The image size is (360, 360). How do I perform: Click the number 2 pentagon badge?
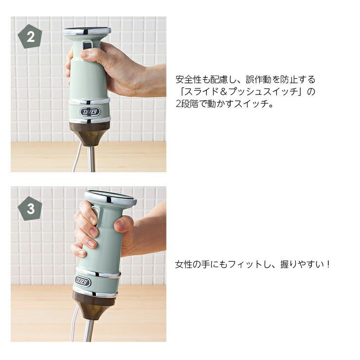[30, 37]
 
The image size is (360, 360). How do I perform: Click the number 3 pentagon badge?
[30, 209]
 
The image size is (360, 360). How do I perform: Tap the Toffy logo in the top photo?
[90, 112]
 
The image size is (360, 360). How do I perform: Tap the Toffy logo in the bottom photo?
[83, 282]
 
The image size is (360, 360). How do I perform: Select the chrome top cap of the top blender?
[87, 31]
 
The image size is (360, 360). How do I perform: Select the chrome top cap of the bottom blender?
[110, 198]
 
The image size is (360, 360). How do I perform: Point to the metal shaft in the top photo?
[90, 158]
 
